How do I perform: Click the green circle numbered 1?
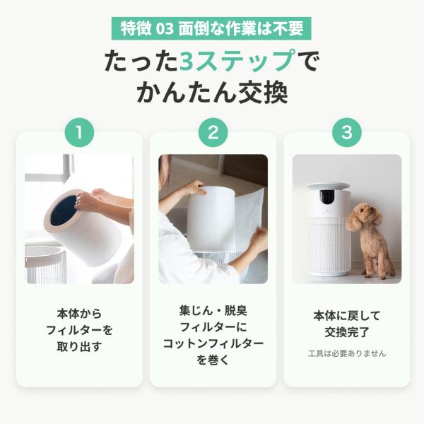(79, 133)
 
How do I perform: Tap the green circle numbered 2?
(213, 133)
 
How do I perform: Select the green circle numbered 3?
(347, 133)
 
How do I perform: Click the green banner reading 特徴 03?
(211, 28)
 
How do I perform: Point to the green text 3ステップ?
(238, 61)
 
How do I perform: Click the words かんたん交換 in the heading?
(212, 93)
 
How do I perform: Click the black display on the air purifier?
(327, 196)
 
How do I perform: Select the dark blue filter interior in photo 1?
(64, 211)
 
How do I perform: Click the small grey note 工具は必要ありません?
(347, 353)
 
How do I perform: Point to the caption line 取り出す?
(79, 346)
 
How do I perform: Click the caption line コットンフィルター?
(213, 343)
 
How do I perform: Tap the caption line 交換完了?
(347, 332)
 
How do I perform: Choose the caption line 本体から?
(79, 314)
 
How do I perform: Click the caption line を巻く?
(213, 360)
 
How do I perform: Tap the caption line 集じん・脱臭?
(213, 311)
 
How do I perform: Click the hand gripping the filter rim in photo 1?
(86, 202)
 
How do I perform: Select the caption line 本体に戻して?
(347, 316)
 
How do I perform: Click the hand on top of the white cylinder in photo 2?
(196, 187)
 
